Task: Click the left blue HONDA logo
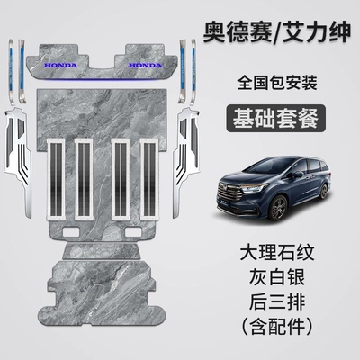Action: (x=60, y=66)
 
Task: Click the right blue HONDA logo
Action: (x=145, y=66)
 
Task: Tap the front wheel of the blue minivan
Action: (x=278, y=208)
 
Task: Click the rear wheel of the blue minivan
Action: (x=323, y=191)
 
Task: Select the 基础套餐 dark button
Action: (x=275, y=118)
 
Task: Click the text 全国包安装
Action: (x=277, y=83)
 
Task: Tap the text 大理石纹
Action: (x=277, y=253)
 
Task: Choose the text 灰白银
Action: (x=277, y=277)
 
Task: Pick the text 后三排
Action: (x=277, y=301)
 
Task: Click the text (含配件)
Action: (x=277, y=326)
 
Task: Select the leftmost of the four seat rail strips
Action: (x=56, y=179)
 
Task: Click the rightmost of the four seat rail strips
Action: (x=149, y=179)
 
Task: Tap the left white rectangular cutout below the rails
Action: (x=71, y=231)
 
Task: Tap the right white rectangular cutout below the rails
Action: (x=133, y=231)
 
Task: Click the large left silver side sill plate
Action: (x=17, y=156)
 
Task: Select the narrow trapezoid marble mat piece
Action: (x=102, y=251)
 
